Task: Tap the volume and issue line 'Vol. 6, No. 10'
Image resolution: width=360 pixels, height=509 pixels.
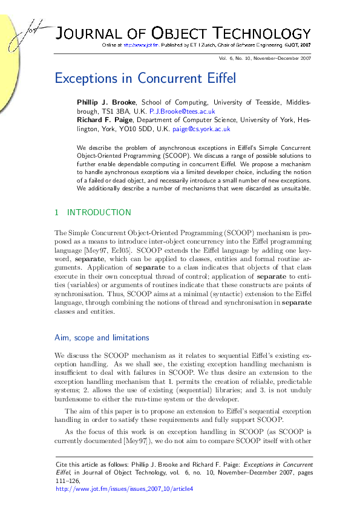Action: (248, 58)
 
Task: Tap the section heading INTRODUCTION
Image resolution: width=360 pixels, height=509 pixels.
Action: (99, 212)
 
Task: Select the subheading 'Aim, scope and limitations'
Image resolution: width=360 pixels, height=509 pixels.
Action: (102, 337)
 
